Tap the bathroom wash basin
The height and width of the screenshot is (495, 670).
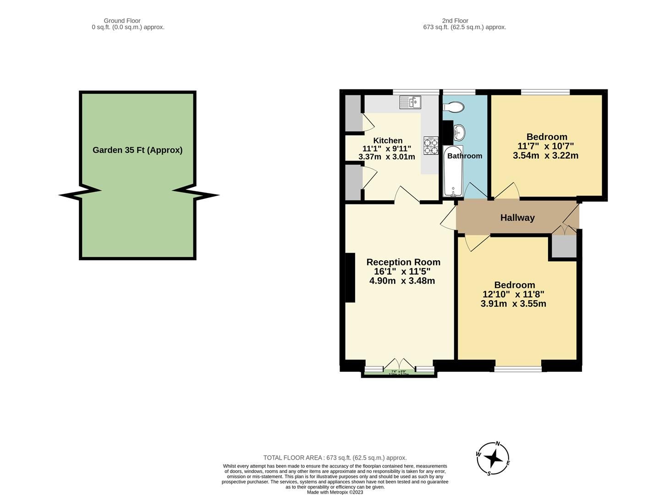tap(459, 133)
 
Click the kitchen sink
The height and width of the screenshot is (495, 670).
tap(410, 102)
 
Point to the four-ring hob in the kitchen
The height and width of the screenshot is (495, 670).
tap(431, 145)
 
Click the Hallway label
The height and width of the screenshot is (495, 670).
tap(517, 218)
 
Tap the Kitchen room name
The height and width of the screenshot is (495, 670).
tap(388, 141)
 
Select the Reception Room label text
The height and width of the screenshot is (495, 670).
tap(403, 262)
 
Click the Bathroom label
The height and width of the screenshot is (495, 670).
tap(465, 156)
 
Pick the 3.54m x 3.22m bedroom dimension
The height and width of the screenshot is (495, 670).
tap(545, 156)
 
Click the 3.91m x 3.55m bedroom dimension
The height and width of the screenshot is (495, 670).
tap(513, 303)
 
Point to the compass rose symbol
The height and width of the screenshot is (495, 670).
tap(493, 458)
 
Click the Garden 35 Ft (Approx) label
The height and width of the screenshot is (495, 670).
tap(137, 150)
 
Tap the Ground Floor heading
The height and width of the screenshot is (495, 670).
tap(122, 21)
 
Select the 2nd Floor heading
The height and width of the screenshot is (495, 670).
tap(455, 21)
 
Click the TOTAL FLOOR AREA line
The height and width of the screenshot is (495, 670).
tap(335, 457)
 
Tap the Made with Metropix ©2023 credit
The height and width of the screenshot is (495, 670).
tap(335, 492)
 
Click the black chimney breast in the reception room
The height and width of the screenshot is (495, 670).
tap(350, 278)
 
